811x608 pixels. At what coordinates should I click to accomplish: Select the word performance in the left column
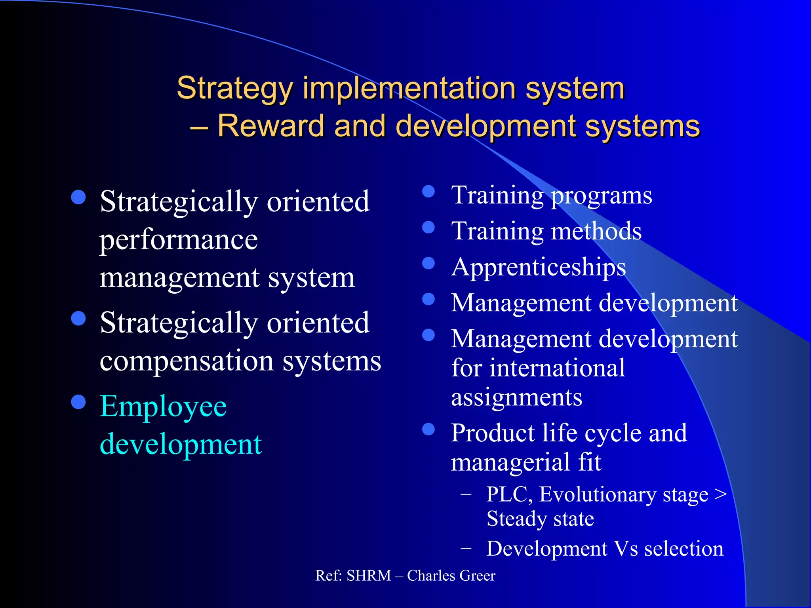point(179,240)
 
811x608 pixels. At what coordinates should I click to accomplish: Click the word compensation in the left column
point(187,361)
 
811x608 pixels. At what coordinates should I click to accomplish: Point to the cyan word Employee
point(163,407)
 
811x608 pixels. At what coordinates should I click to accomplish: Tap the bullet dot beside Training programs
point(428,192)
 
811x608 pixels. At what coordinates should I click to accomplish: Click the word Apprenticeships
point(539,268)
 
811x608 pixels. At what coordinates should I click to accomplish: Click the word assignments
point(516,397)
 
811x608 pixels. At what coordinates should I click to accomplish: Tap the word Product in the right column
point(493,433)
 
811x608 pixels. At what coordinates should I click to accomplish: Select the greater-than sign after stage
point(721,494)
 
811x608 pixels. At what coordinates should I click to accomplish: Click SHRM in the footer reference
point(369,576)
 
